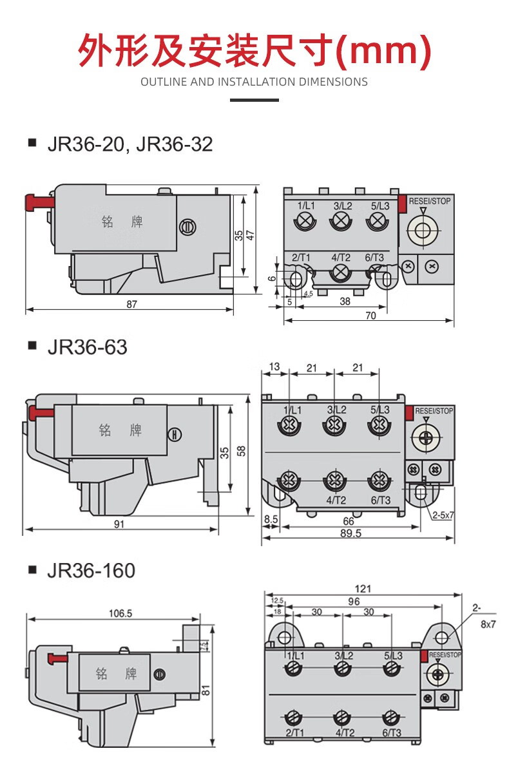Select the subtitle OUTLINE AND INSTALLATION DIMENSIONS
pyautogui.click(x=254, y=82)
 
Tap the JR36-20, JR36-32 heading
pyautogui.click(x=130, y=144)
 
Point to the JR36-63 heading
pyautogui.click(x=87, y=347)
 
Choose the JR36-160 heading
pyautogui.click(x=91, y=570)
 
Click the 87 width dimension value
pyautogui.click(x=131, y=304)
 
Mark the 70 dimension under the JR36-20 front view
pyautogui.click(x=370, y=316)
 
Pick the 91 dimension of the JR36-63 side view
pyautogui.click(x=119, y=524)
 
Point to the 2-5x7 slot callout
pyautogui.click(x=444, y=515)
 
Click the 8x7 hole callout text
pyautogui.click(x=488, y=624)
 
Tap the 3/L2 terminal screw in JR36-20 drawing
pyautogui.click(x=341, y=222)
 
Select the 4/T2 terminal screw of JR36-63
pyautogui.click(x=334, y=480)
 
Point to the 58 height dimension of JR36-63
pyautogui.click(x=240, y=451)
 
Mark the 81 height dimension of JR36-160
pyautogui.click(x=206, y=690)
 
